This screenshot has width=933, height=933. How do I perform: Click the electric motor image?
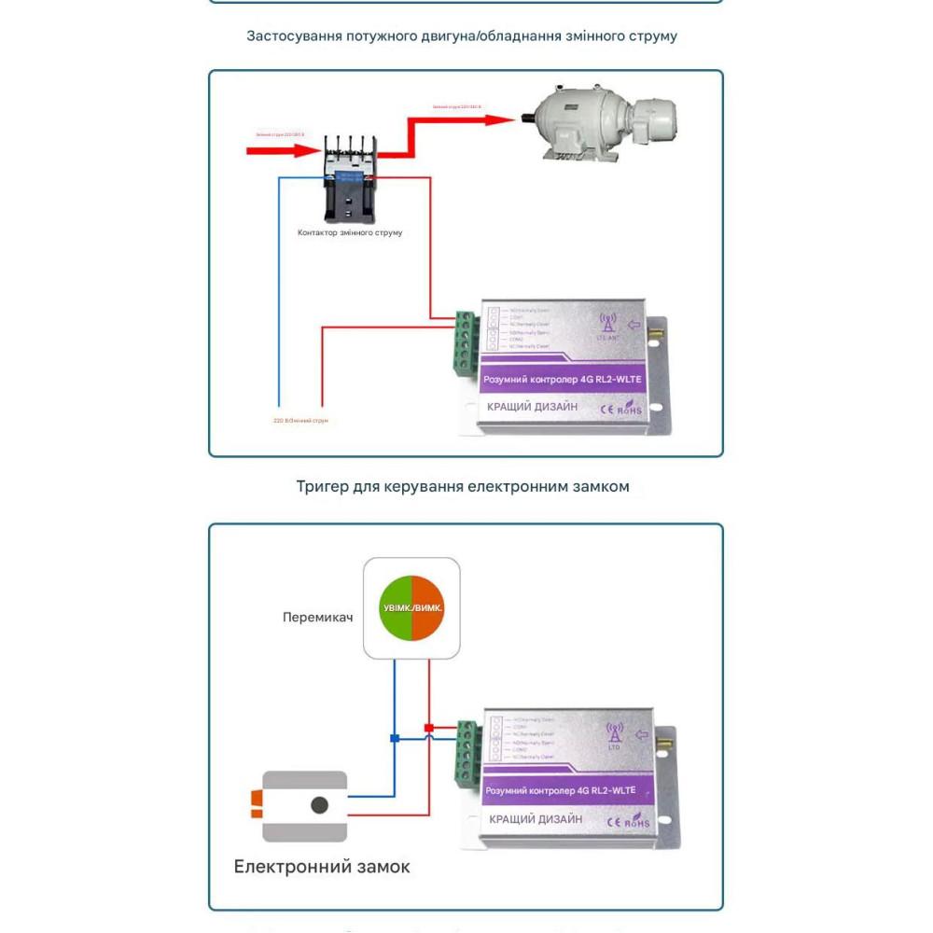click(598, 128)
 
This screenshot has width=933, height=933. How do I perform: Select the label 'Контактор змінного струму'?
click(350, 232)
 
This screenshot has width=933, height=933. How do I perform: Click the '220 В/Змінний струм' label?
click(300, 421)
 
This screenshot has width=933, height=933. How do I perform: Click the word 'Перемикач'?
click(317, 618)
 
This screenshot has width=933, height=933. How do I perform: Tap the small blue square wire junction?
click(395, 738)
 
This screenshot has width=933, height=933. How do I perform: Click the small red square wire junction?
click(429, 728)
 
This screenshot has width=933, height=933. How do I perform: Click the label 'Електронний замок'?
click(322, 867)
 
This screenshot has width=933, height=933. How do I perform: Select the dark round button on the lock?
click(320, 805)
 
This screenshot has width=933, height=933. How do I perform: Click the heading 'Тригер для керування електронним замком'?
click(463, 486)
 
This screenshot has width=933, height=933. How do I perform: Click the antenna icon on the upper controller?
click(607, 324)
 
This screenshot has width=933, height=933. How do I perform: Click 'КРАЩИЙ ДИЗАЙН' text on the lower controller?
click(536, 819)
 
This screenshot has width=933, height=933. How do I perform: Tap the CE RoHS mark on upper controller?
click(620, 408)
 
